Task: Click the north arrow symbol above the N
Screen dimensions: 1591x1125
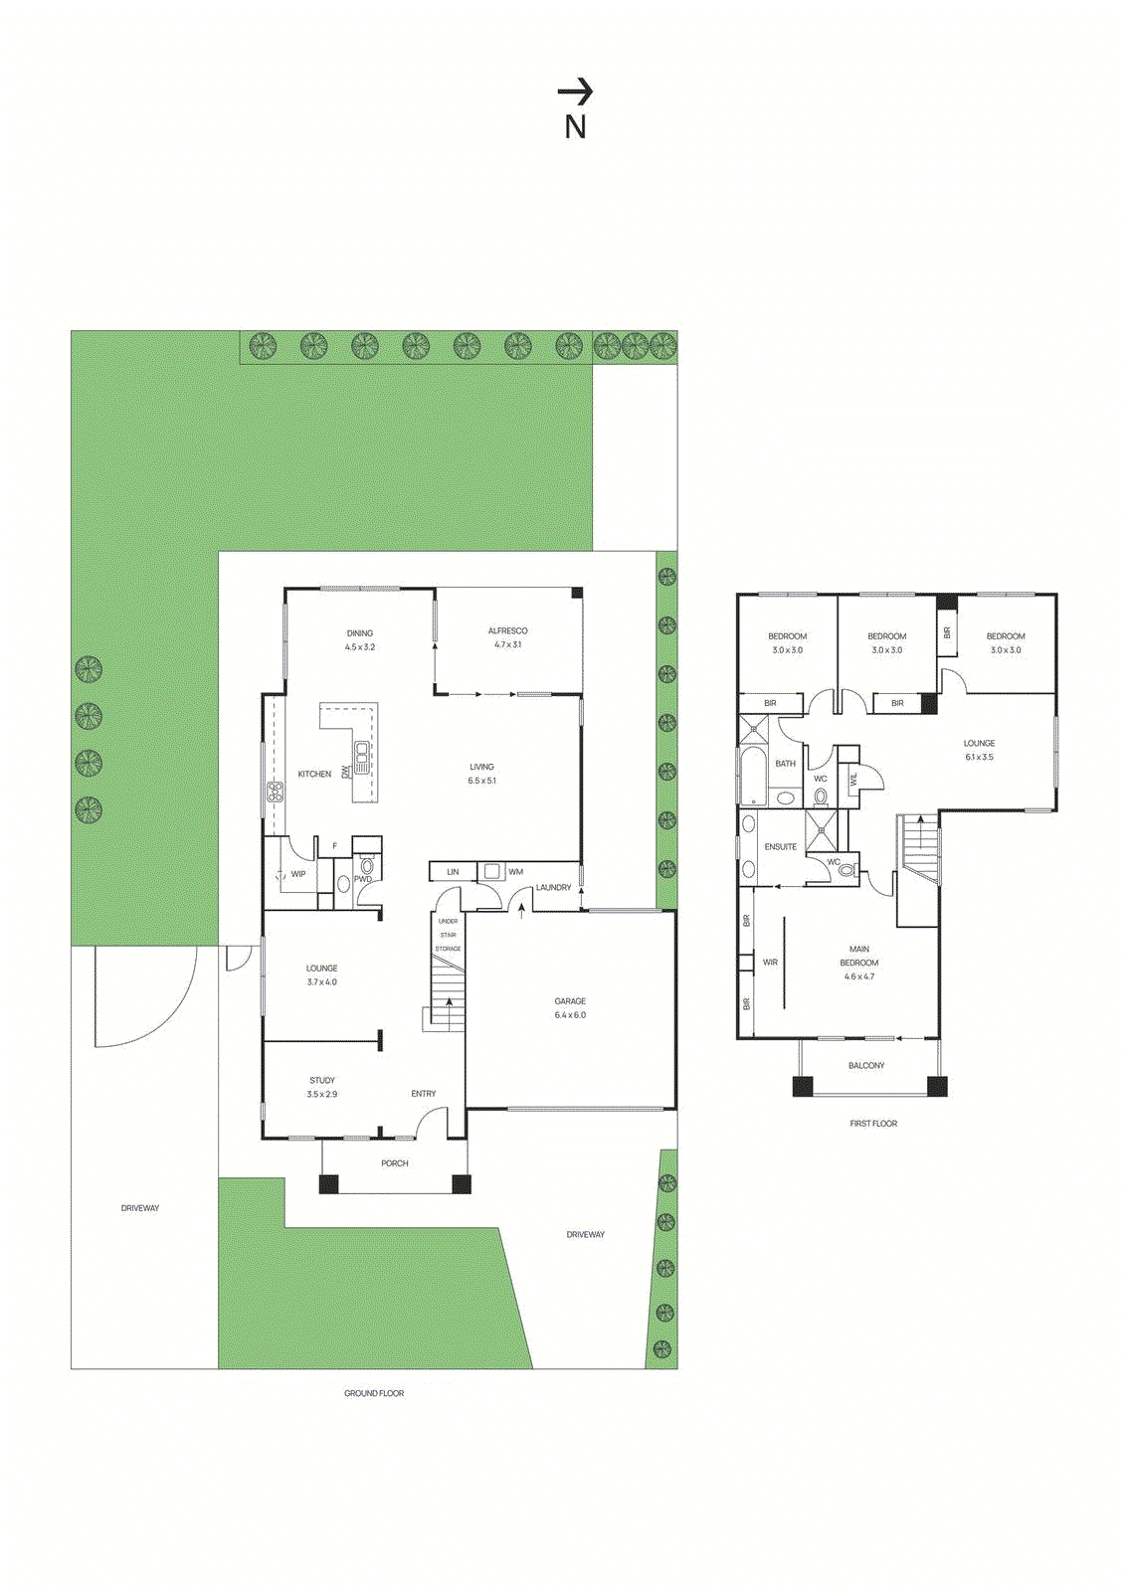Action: click(575, 92)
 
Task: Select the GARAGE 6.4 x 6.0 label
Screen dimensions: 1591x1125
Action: click(570, 1007)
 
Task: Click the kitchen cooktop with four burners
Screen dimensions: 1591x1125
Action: click(276, 793)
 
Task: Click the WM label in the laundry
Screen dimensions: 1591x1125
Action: click(515, 872)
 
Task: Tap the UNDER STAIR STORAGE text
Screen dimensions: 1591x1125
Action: click(449, 935)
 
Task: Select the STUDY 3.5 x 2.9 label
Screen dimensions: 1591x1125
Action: click(321, 1087)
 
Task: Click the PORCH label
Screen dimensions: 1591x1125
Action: click(394, 1163)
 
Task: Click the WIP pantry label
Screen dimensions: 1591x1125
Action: click(297, 874)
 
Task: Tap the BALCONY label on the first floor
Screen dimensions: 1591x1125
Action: click(865, 1066)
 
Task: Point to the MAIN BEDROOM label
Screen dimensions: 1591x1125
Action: click(858, 957)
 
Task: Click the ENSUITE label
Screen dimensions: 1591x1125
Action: click(780, 847)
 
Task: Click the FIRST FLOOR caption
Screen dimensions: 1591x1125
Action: click(872, 1124)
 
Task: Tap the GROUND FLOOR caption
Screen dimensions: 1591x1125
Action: click(373, 1393)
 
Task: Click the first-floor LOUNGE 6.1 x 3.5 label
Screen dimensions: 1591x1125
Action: click(978, 750)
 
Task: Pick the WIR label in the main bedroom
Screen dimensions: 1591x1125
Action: click(770, 963)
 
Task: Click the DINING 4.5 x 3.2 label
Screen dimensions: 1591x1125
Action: click(359, 639)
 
